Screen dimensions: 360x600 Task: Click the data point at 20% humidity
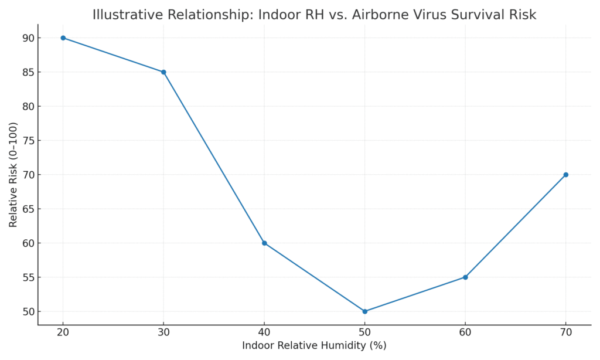(63, 38)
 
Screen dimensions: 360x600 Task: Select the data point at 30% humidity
(163, 72)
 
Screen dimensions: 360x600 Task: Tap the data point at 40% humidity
(264, 243)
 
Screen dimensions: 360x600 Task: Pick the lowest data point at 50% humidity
(364, 311)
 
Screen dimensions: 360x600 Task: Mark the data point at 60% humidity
(465, 277)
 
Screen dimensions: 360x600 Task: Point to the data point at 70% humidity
(565, 175)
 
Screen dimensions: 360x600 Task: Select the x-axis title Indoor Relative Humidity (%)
(314, 346)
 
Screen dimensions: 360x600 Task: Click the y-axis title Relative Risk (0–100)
(13, 175)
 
